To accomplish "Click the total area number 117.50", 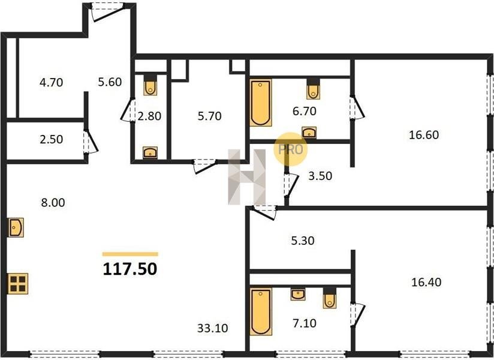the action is (x=130, y=269).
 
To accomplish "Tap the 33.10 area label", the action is (x=213, y=328).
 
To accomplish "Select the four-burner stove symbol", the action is (x=18, y=283).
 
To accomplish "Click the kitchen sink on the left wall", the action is (x=16, y=227).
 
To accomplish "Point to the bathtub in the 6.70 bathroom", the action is (x=261, y=103).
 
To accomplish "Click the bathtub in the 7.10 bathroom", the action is (x=261, y=311).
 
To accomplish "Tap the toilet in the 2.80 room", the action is (x=150, y=85).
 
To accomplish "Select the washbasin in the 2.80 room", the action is (x=150, y=152).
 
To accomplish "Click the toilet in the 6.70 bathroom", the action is (x=313, y=88).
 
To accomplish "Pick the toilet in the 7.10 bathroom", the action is (x=330, y=298).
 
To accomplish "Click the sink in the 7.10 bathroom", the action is (x=298, y=295).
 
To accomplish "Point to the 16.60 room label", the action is (x=424, y=135).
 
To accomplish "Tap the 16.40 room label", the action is (x=426, y=282).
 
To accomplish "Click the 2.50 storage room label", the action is (x=52, y=139).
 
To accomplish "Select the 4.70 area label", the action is (x=52, y=83).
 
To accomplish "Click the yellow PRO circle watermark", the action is (x=290, y=149).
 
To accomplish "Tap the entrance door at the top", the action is (x=107, y=11).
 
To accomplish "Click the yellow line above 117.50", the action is (x=131, y=254).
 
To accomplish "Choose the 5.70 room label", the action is (x=209, y=116).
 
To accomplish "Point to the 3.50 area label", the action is (x=320, y=176).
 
